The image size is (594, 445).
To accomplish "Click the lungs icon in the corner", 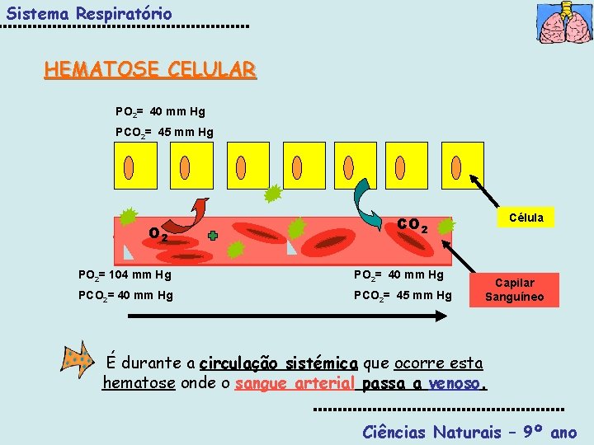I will pos(563,23).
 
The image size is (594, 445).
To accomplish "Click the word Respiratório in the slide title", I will pos(124,14).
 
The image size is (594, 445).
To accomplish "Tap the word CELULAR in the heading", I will pos(212,69).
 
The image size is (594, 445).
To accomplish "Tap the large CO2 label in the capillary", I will pos(412,224).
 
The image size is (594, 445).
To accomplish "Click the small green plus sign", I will pos(213,236).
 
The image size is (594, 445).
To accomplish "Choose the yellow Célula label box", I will pos(526,218).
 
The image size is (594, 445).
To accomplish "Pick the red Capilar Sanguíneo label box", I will pos(514,290).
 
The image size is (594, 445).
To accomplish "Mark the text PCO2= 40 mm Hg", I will pos(125,294).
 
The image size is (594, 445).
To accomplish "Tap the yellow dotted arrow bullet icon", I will pos(77,359).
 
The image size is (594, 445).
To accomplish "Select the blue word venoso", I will pos(459,383).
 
